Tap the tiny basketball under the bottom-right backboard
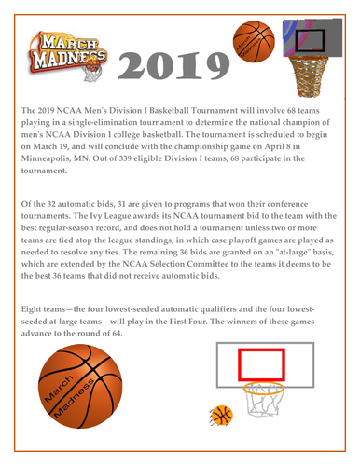click(x=222, y=418)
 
